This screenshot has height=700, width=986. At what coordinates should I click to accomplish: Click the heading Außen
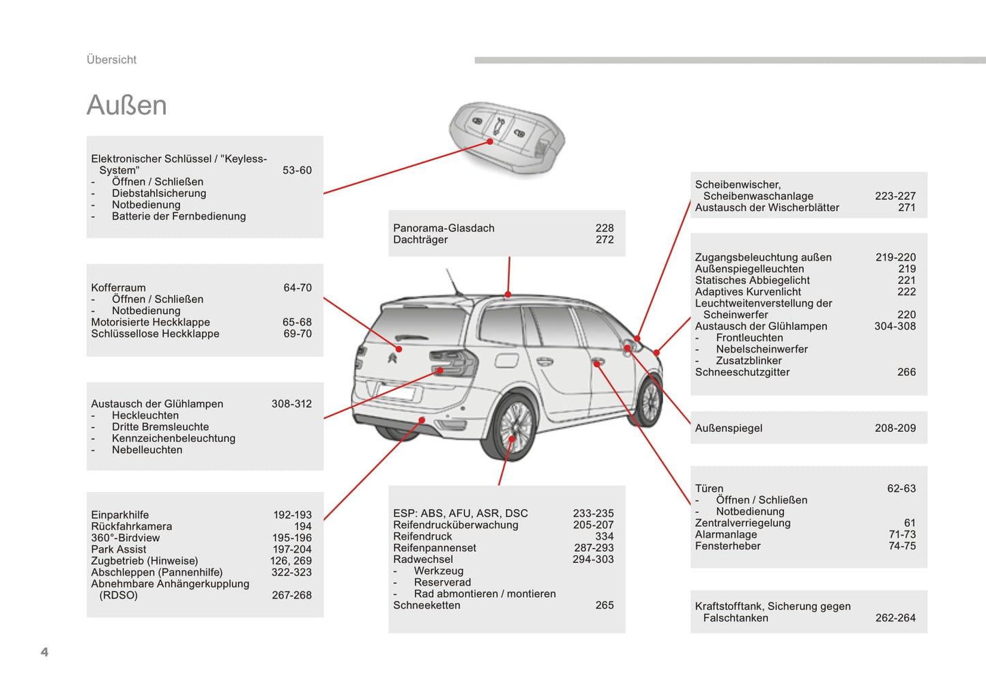click(x=127, y=106)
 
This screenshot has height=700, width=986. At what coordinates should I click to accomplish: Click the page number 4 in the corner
click(x=44, y=652)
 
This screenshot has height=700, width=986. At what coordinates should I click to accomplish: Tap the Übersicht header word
click(x=111, y=60)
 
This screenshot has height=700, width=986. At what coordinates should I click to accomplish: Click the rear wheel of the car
click(x=512, y=426)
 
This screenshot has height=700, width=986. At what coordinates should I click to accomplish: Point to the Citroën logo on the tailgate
click(x=394, y=358)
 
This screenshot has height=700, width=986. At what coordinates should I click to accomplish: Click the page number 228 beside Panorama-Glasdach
click(x=604, y=228)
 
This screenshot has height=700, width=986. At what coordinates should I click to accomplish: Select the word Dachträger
click(x=420, y=239)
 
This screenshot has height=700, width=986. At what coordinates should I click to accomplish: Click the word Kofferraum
click(x=118, y=288)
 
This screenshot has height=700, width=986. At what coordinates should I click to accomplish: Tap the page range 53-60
click(x=297, y=171)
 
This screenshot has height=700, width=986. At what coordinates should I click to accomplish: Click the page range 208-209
click(x=895, y=428)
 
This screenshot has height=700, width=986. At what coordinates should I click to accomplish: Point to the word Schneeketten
click(x=426, y=605)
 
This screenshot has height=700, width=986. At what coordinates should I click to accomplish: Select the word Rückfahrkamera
click(x=132, y=527)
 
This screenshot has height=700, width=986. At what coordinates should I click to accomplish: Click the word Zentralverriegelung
click(x=742, y=523)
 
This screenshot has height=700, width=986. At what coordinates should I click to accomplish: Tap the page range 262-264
click(x=895, y=618)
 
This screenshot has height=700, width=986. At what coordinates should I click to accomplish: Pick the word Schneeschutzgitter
click(x=742, y=373)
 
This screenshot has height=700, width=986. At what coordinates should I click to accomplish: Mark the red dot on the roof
click(x=508, y=295)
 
